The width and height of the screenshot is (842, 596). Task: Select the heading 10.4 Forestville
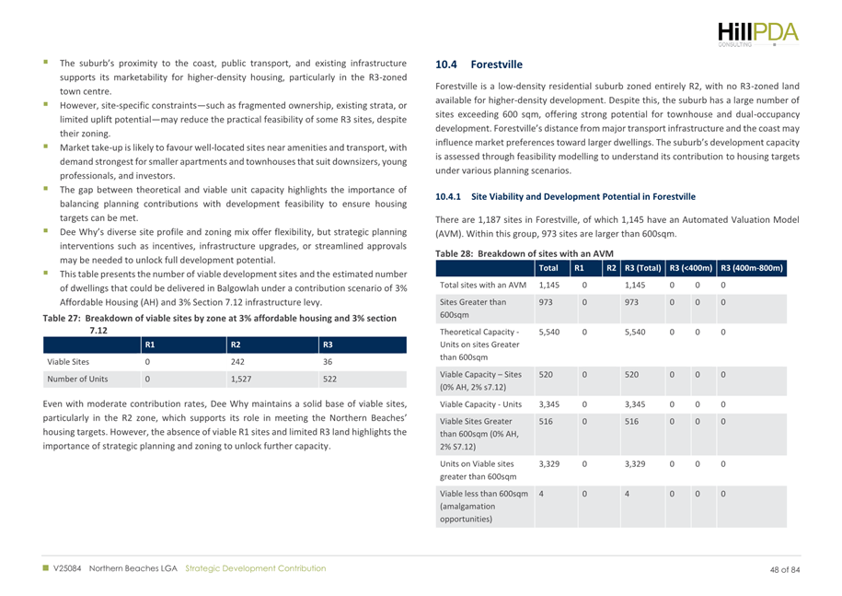click(479, 65)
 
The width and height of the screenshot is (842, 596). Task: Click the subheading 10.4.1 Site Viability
click(565, 196)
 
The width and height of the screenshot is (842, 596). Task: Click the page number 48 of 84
click(785, 569)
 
